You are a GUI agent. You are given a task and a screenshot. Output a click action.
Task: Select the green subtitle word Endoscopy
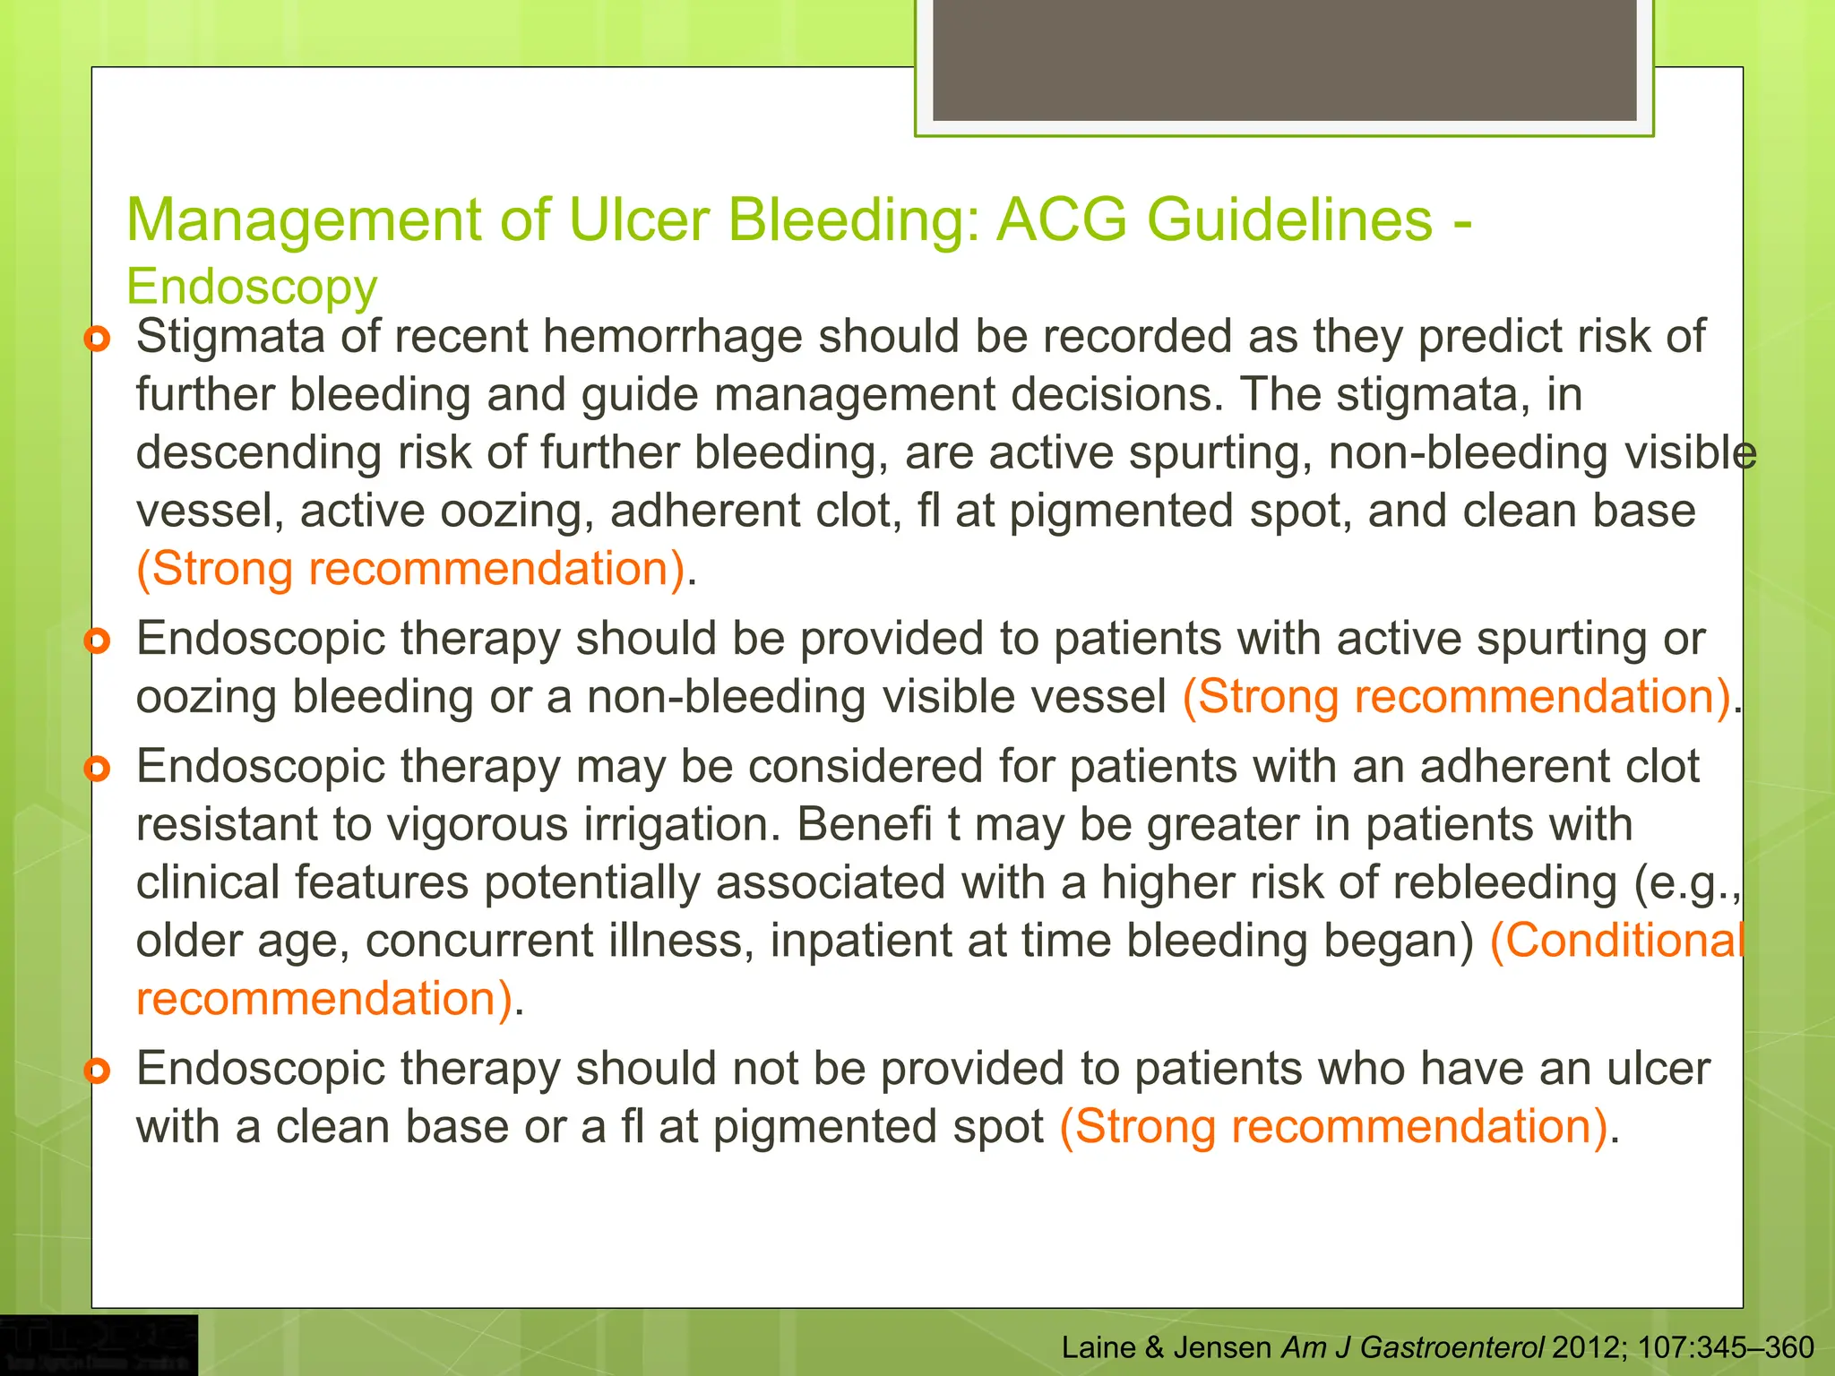click(x=252, y=287)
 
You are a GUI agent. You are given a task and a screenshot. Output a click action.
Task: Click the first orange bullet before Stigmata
click(x=98, y=340)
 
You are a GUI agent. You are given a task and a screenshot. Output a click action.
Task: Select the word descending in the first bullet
click(x=258, y=453)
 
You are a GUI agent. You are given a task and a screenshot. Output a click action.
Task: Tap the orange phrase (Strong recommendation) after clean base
click(x=410, y=569)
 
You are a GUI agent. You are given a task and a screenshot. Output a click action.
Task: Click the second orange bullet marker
click(x=98, y=641)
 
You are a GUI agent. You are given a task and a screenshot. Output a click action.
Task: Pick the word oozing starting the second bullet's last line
click(x=206, y=698)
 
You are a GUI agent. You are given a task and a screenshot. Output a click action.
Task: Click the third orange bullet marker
click(x=98, y=769)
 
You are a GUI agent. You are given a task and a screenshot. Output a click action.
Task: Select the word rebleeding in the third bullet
click(x=1505, y=882)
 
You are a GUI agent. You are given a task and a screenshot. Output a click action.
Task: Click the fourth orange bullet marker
click(x=98, y=1071)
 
